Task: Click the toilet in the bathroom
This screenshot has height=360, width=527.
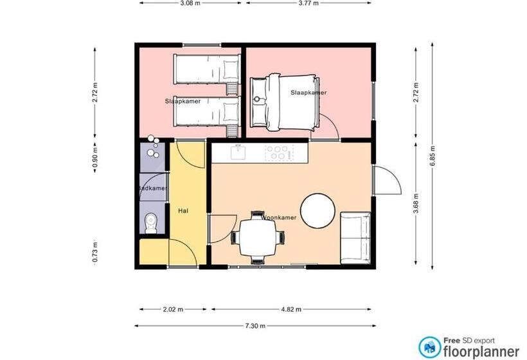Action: click(151, 222)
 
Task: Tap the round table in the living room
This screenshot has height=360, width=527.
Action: click(317, 211)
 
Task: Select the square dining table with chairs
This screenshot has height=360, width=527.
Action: click(257, 237)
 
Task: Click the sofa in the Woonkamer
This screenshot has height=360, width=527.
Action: click(355, 238)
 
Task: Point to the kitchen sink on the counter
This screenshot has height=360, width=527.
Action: click(238, 153)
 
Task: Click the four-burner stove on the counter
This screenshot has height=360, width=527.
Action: click(279, 153)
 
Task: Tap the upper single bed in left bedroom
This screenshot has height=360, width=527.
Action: click(206, 69)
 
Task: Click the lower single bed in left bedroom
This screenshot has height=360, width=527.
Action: click(206, 113)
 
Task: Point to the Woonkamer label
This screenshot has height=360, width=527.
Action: click(279, 218)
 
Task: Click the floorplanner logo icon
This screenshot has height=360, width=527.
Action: click(430, 346)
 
